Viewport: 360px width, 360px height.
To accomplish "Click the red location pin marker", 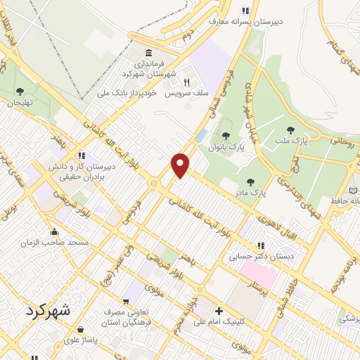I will pyautogui.click(x=181, y=165).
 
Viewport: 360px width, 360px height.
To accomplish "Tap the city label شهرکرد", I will pyautogui.click(x=51, y=310).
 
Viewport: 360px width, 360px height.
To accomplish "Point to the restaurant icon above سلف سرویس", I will pyautogui.click(x=186, y=82).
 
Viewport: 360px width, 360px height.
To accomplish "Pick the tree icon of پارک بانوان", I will pyautogui.click(x=226, y=135).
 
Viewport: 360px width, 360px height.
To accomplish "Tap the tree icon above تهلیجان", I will pyautogui.click(x=19, y=91).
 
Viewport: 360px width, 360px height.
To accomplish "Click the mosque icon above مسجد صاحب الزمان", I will pyautogui.click(x=54, y=231).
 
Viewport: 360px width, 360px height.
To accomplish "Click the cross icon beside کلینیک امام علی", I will pyautogui.click(x=219, y=311).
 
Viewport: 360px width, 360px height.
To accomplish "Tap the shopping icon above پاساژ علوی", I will pyautogui.click(x=82, y=329).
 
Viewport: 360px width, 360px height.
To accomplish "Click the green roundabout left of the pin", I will pyautogui.click(x=153, y=184).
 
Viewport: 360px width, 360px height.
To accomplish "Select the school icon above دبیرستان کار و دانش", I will pyautogui.click(x=82, y=155).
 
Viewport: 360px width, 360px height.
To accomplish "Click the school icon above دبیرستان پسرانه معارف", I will pyautogui.click(x=245, y=11).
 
